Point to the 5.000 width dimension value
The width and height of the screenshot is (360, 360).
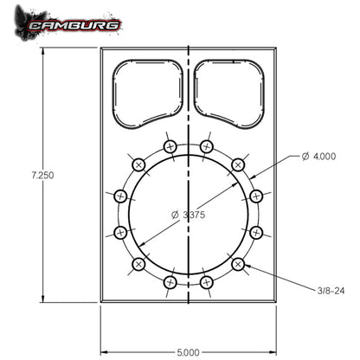[x=189, y=351]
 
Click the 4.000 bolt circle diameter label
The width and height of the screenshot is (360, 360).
[x=321, y=157]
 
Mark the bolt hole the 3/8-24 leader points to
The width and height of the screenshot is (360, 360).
[x=238, y=264]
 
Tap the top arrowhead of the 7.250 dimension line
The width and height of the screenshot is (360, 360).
[x=42, y=50]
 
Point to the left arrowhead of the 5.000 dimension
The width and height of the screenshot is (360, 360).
[x=104, y=350]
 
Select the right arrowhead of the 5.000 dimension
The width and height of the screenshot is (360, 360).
[x=273, y=350]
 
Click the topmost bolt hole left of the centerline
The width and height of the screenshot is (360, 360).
[x=170, y=146]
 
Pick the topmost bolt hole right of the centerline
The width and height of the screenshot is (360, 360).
[x=207, y=146]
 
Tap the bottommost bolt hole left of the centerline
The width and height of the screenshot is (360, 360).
[x=170, y=282]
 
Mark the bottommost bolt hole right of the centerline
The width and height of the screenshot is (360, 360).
[x=207, y=282]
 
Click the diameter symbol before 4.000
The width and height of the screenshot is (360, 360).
[x=305, y=157]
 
